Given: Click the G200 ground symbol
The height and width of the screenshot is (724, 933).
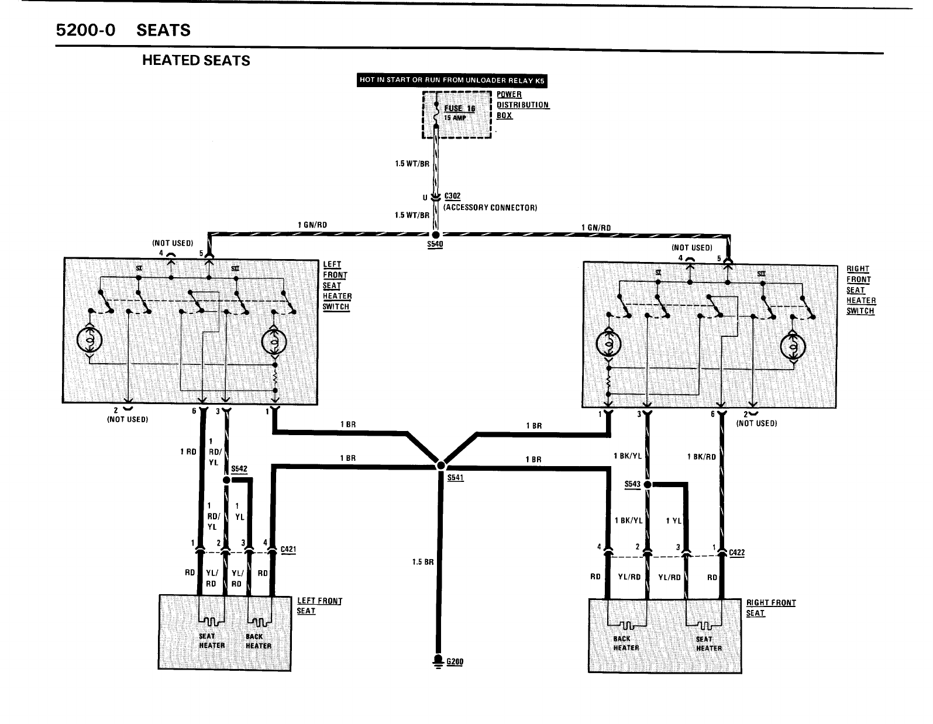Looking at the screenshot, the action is point(438,661).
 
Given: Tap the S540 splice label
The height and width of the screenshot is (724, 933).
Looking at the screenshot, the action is point(435,244).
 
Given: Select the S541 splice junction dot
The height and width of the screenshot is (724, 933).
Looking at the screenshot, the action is point(440,466).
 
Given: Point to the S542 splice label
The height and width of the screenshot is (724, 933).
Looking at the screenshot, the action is point(239,469).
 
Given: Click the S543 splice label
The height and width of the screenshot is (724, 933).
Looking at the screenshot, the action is point(633,484).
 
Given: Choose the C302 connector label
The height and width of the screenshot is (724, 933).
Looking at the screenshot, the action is point(453,196).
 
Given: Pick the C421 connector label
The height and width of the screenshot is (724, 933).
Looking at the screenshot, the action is point(288,549).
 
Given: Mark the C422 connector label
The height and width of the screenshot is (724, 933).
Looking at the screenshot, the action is point(736,552).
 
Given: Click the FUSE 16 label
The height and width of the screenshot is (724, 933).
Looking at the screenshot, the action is point(460,108).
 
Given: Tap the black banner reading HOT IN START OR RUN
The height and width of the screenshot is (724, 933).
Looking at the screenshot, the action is point(452,81).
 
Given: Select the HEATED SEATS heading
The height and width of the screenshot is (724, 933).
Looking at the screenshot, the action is point(196,61).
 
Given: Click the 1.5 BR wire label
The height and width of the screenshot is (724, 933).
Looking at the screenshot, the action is point(423,563).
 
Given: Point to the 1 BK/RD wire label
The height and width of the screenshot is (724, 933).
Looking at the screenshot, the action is point(701,457).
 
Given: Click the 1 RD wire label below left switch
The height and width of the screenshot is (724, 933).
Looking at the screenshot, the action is point(188,451).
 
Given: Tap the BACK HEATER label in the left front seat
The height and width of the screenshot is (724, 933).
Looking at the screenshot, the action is point(258,641).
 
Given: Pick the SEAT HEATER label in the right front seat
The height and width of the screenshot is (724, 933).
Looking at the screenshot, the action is point(708,643).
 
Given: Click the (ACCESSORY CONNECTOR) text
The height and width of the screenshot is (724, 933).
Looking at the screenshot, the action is point(490,208).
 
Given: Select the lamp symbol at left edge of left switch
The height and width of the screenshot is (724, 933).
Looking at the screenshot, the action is point(89,339).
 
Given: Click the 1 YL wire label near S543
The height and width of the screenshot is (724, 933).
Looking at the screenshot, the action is point(673,520).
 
